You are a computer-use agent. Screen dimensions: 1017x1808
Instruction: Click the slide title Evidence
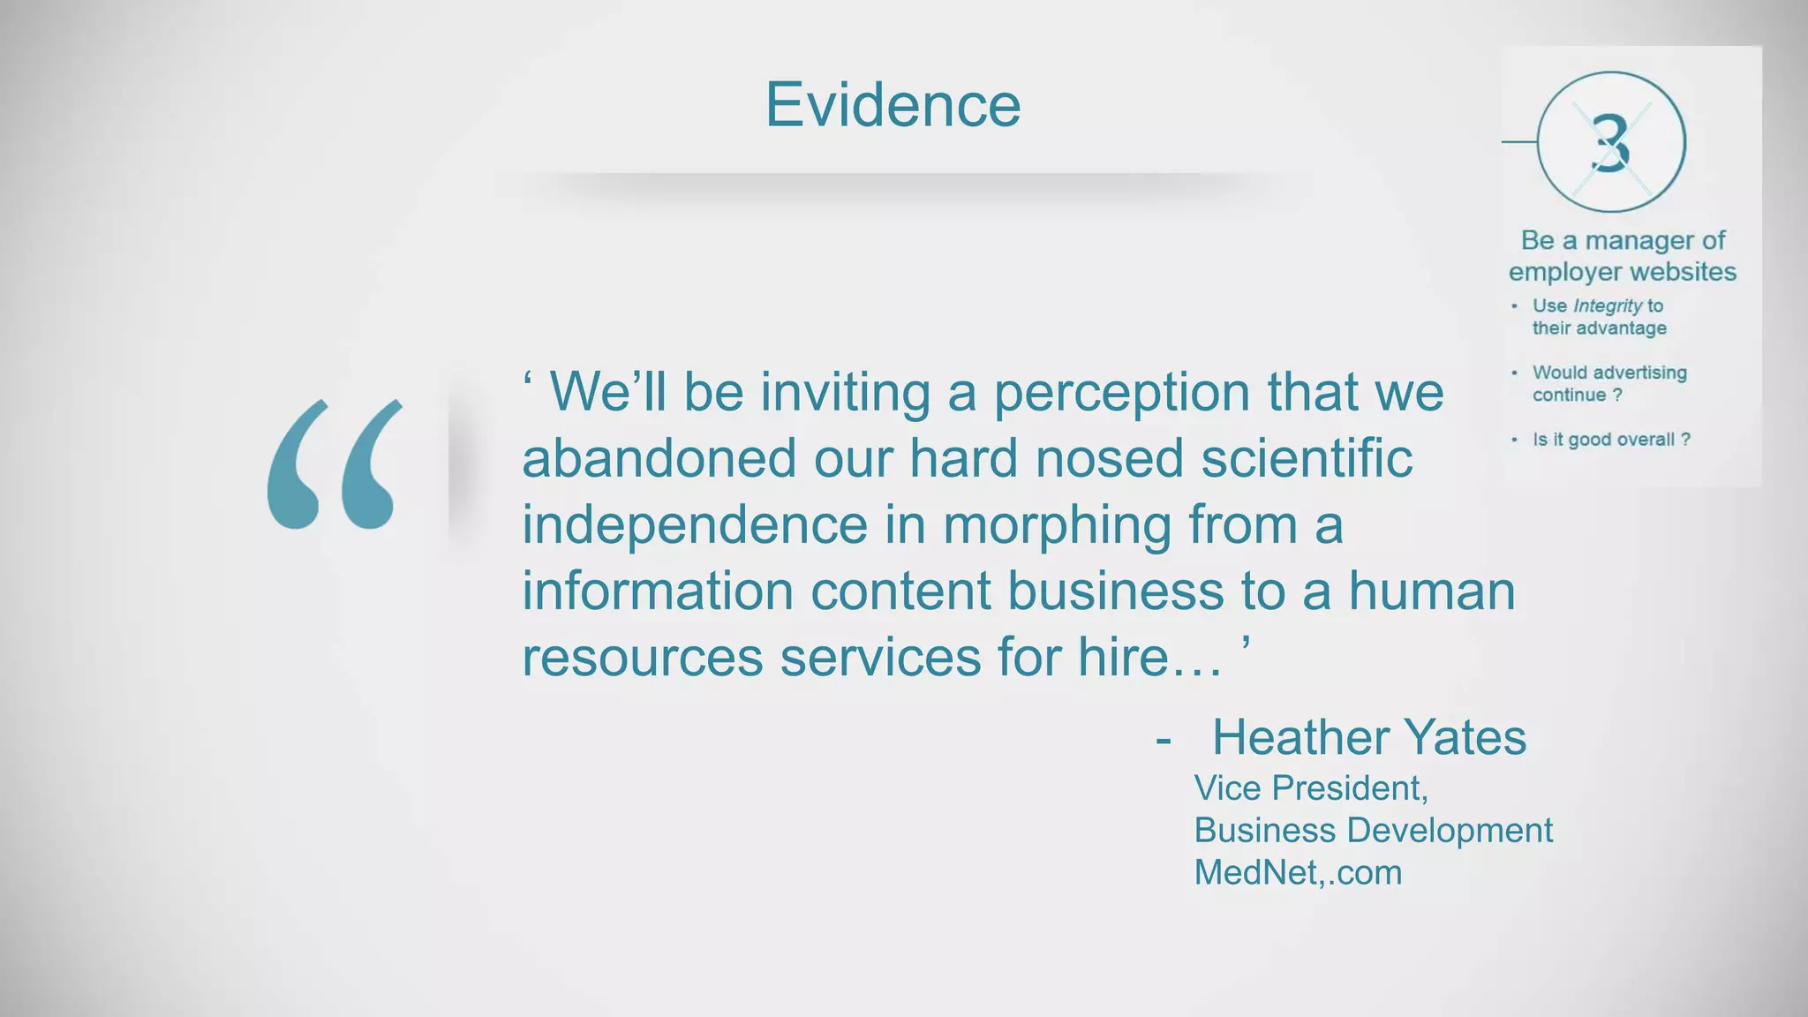pos(893,105)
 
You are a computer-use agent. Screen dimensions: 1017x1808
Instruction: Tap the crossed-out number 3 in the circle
pos(1611,143)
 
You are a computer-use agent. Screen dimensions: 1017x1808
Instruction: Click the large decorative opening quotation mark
pos(335,464)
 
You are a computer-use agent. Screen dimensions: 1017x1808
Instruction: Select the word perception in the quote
pos(1122,392)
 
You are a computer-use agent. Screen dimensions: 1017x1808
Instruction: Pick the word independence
pos(695,524)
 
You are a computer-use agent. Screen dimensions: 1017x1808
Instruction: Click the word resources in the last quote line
pos(642,658)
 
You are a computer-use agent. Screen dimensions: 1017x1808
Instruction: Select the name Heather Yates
pos(1368,737)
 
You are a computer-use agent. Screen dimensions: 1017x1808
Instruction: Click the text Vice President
pos(1310,787)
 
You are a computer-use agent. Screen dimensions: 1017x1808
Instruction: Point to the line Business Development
pos(1373,830)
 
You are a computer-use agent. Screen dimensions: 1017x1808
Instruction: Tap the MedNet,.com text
pos(1298,872)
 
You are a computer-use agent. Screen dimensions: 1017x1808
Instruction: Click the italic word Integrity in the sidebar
pos(1608,306)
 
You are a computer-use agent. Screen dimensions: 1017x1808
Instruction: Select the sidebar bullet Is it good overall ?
pos(1611,440)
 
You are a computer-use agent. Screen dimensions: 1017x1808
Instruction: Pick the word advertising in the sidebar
pos(1640,373)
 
